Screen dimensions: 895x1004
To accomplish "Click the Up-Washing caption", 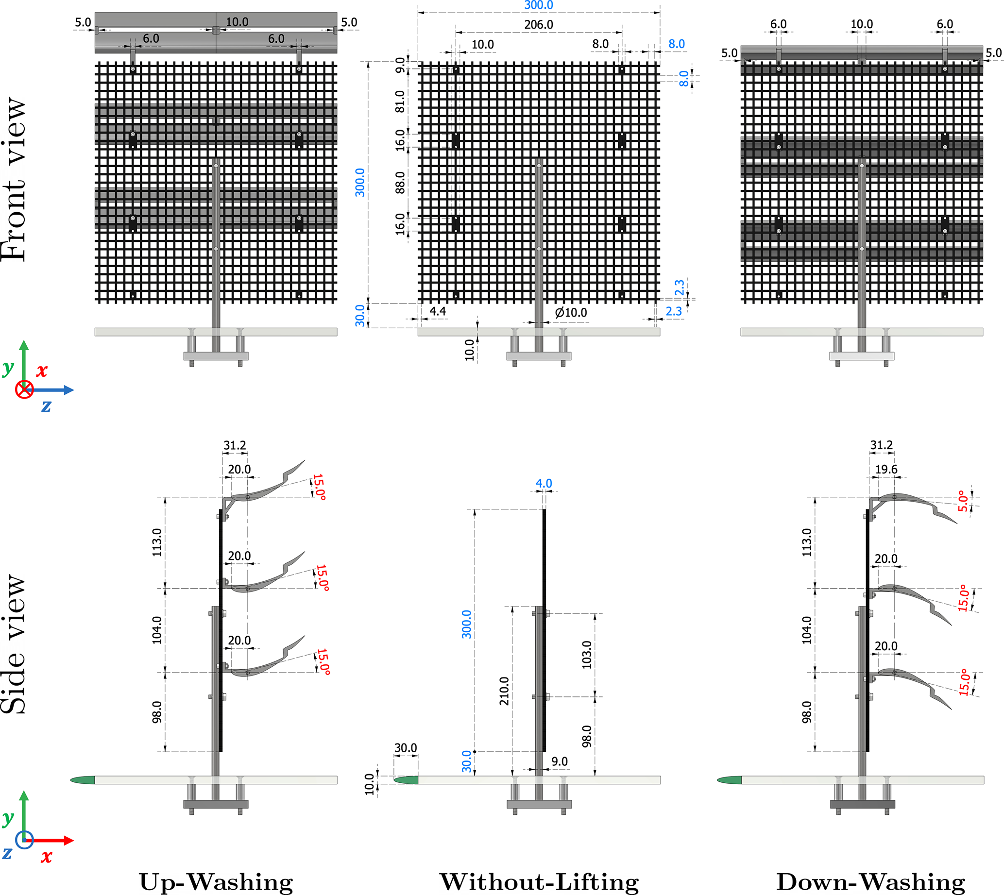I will pyautogui.click(x=216, y=882).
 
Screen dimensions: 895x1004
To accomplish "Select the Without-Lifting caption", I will pyautogui.click(x=539, y=882).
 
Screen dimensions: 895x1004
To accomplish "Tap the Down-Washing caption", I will pyautogui.click(x=871, y=882).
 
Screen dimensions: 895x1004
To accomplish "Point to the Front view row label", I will pyautogui.click(x=14, y=180).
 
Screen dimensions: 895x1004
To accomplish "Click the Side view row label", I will pyautogui.click(x=14, y=644).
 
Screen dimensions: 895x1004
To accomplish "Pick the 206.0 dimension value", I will pyautogui.click(x=539, y=25).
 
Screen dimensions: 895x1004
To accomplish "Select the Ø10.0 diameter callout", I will pyautogui.click(x=571, y=313).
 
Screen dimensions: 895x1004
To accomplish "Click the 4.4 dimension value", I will pyautogui.click(x=437, y=311).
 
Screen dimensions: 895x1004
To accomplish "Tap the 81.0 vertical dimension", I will pyautogui.click(x=400, y=101).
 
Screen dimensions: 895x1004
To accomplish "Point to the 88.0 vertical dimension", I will pyautogui.click(x=400, y=183).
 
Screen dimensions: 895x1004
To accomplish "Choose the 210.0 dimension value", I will pyautogui.click(x=504, y=691).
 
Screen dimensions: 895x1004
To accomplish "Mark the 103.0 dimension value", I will pyautogui.click(x=587, y=655).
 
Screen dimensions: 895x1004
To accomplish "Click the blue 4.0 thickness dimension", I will pyautogui.click(x=544, y=483).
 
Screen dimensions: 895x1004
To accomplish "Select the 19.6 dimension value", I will pyautogui.click(x=886, y=470).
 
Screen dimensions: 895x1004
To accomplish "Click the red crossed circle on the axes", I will pyautogui.click(x=24, y=390).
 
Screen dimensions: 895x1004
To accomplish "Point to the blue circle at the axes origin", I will pyautogui.click(x=24, y=840).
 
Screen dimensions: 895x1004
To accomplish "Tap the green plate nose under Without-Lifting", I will pyautogui.click(x=407, y=780).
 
